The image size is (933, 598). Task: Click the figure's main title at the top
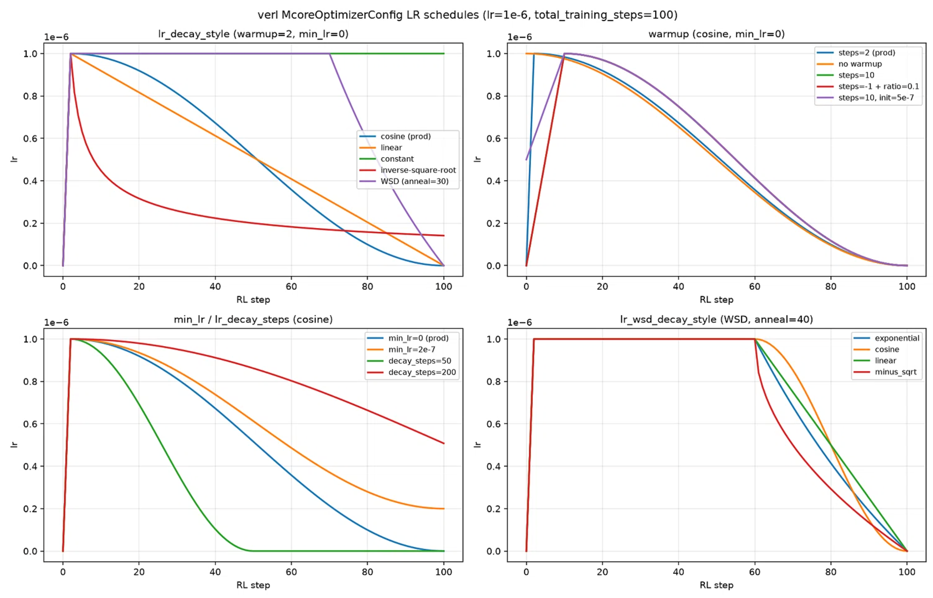(x=467, y=15)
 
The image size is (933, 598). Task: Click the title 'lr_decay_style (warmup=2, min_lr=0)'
(x=253, y=34)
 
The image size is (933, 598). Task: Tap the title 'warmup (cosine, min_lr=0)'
(x=716, y=34)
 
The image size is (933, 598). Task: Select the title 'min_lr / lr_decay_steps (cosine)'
(x=253, y=320)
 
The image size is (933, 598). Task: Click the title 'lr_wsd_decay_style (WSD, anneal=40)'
(x=716, y=320)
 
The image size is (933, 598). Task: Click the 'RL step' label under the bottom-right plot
(x=716, y=585)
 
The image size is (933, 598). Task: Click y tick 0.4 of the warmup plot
(x=494, y=181)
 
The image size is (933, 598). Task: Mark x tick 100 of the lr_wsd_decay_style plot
(x=907, y=572)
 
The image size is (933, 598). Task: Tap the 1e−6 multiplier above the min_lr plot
(x=56, y=323)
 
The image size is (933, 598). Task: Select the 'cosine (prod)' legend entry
(x=406, y=136)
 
